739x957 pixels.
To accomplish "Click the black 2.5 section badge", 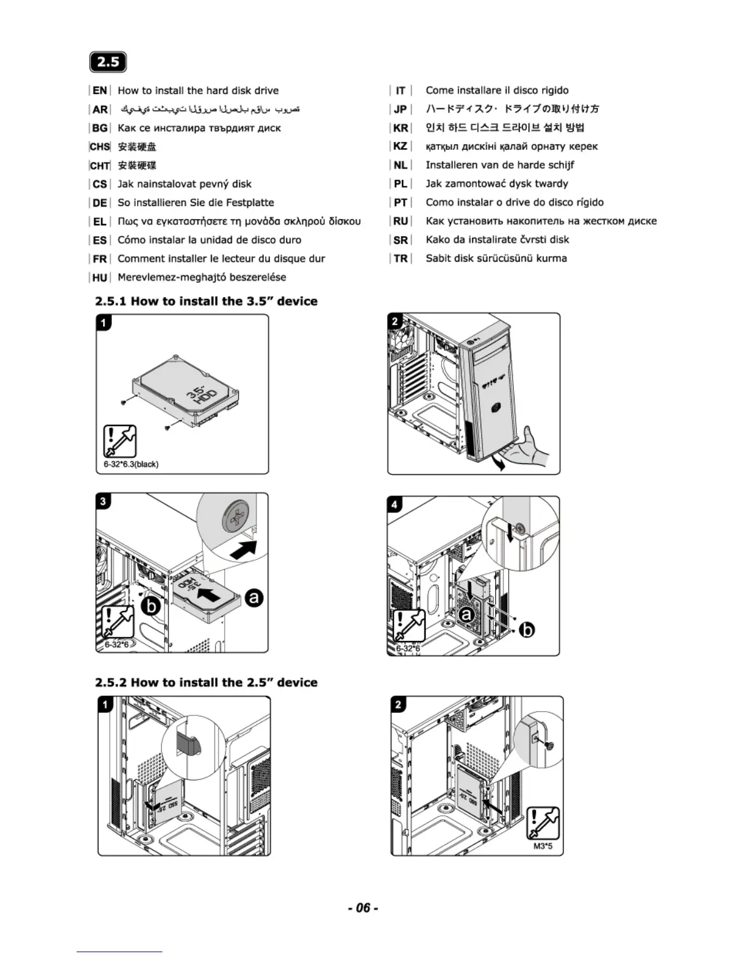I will point(107,62).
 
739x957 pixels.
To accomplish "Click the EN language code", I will point(100,91).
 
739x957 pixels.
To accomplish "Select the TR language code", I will point(401,259).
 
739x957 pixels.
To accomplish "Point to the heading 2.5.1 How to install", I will point(206,301).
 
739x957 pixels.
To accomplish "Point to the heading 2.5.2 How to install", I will point(206,682).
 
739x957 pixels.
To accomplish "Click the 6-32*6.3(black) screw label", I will point(131,464).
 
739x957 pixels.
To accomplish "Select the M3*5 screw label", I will point(543,846).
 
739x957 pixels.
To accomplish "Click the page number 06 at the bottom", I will point(363,907).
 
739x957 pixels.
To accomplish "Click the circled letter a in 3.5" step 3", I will point(254,598).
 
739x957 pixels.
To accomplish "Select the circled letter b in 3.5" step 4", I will point(527,630).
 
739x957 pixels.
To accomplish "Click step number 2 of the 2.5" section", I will point(398,704).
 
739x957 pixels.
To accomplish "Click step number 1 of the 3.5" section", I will point(104,323).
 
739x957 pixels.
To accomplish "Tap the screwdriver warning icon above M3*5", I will point(543,823).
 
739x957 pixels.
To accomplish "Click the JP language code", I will point(401,109).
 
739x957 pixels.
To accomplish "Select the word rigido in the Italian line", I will point(555,91).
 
